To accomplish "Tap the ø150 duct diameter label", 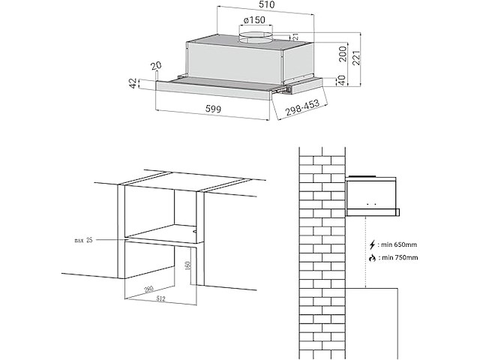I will coord(255,20).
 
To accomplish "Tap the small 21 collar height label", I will coord(295,36).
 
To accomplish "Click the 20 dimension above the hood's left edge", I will coord(155,66).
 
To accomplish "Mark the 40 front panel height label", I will coord(342,81).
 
